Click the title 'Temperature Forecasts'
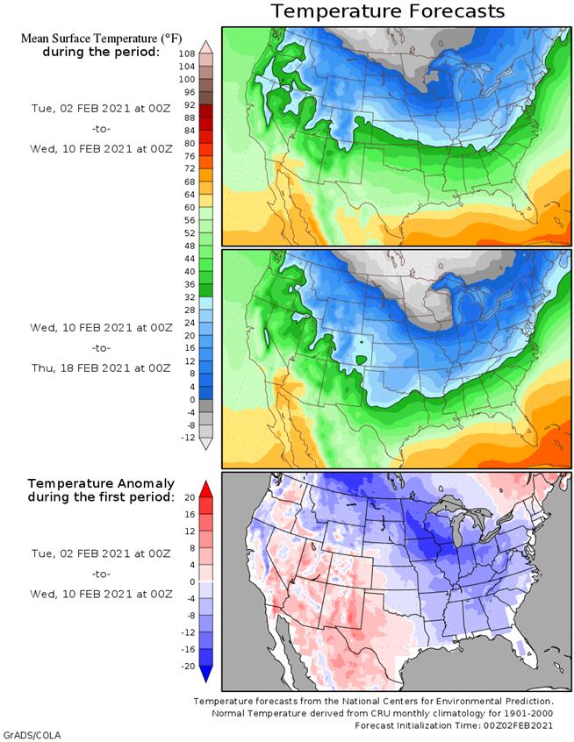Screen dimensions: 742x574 (387, 11)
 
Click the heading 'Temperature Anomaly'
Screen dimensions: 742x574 (101, 483)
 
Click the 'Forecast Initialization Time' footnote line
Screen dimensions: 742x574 (454, 726)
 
